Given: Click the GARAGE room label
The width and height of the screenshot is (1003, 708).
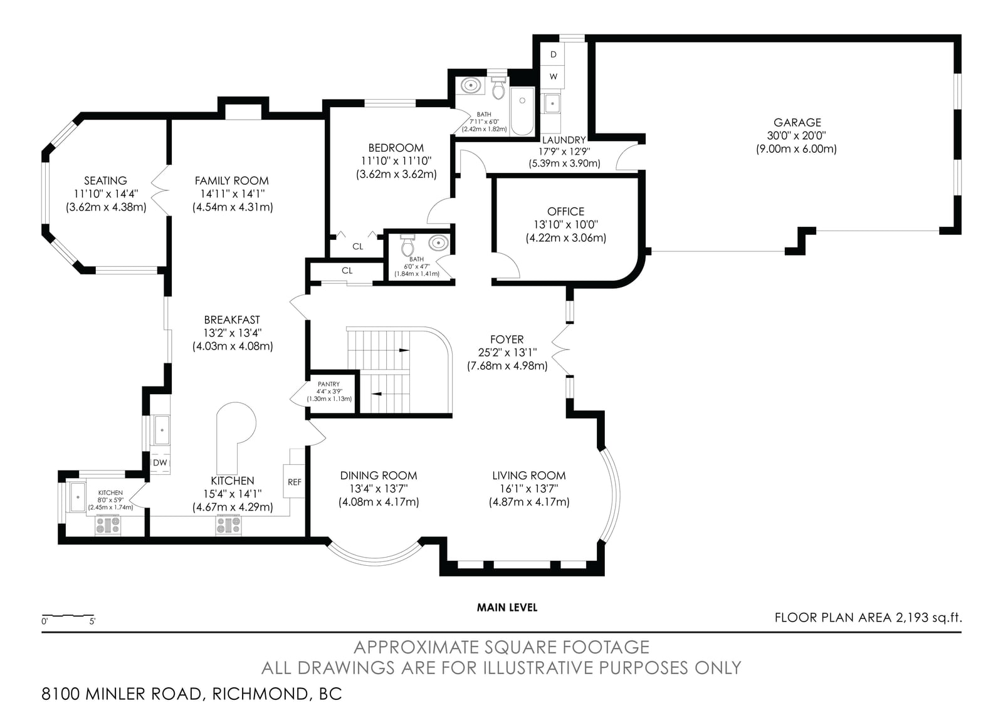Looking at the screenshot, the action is (797, 122).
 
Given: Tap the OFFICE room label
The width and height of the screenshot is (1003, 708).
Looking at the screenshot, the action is (565, 211).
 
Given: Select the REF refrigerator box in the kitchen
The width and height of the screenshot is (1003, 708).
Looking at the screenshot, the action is (294, 481).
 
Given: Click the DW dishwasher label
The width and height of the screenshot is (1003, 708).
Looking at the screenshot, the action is (160, 463).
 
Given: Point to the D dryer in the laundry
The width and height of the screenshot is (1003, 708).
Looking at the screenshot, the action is (554, 54).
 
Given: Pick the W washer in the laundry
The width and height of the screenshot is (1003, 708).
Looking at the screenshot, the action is (554, 76).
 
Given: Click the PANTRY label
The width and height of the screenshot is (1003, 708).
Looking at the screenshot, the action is (328, 384).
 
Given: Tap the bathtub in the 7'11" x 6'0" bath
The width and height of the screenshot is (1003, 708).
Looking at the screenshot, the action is (522, 111).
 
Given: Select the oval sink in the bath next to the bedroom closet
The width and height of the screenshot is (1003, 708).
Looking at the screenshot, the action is (438, 243).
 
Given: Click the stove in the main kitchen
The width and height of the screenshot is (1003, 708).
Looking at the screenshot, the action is (228, 524).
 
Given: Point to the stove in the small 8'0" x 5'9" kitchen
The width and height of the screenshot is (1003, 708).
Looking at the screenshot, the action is (108, 524).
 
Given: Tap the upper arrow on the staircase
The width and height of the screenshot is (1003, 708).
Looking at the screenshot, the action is (404, 350).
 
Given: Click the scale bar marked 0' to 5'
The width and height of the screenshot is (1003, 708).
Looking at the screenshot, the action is (68, 617).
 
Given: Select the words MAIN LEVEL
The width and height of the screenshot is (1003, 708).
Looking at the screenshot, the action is (507, 607).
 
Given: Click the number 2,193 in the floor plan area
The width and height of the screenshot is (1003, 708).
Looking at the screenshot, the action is (912, 618).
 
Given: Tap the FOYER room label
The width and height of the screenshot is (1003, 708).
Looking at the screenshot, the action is (507, 339).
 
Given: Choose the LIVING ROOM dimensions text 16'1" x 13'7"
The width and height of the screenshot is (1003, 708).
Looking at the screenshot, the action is (529, 489).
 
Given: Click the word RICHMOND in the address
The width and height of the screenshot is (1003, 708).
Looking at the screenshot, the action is (260, 694).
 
